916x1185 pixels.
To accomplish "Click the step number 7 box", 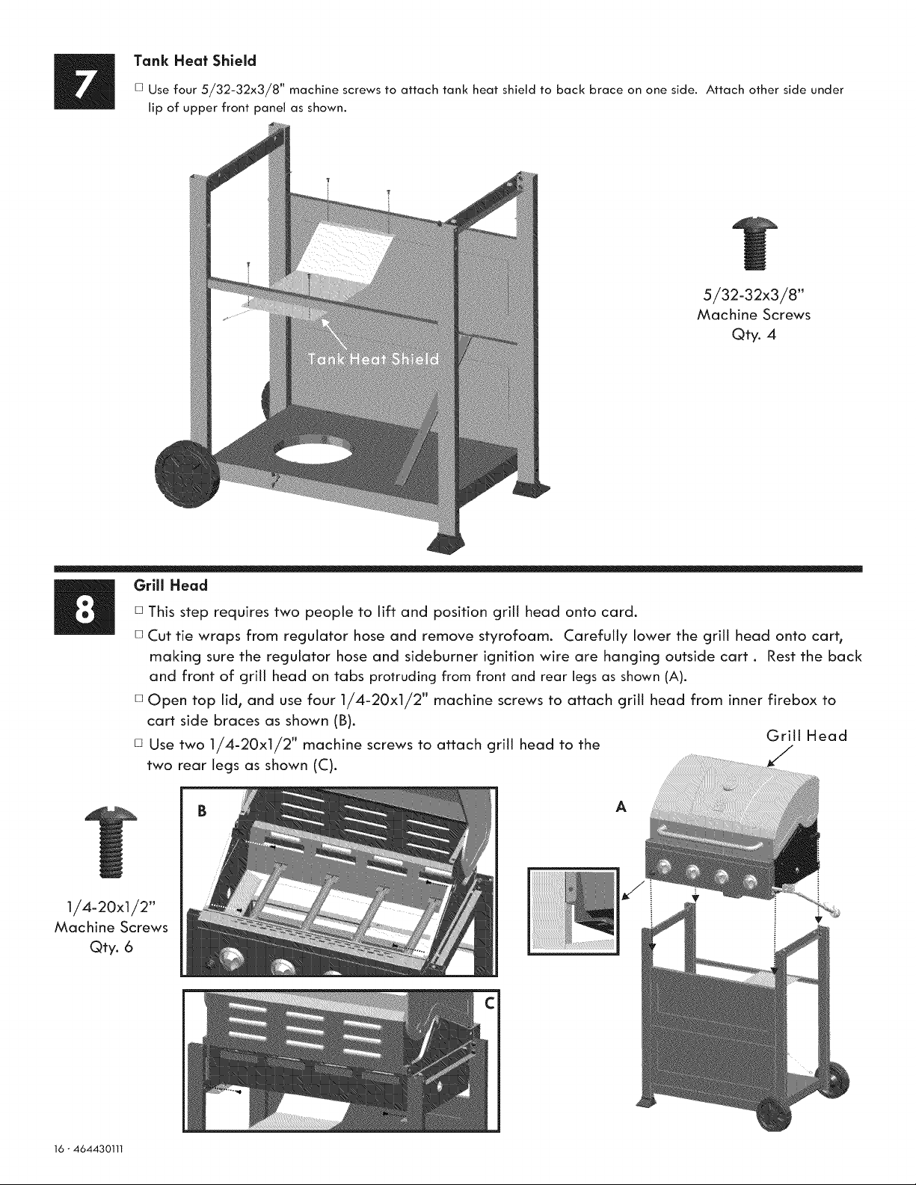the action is pyautogui.click(x=84, y=82).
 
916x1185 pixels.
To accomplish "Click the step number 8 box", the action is pyautogui.click(x=84, y=607).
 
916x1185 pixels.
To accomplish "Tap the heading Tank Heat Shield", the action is pyautogui.click(x=195, y=61).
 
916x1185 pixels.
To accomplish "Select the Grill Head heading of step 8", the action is pyautogui.click(x=170, y=585).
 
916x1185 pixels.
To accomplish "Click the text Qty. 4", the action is pyautogui.click(x=754, y=334).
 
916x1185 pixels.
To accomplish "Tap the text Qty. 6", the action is pyautogui.click(x=111, y=947).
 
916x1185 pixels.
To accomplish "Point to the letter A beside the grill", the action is pyautogui.click(x=621, y=807).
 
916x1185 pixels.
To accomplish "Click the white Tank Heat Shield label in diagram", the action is pyautogui.click(x=373, y=359).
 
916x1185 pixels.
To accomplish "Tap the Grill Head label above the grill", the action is pyautogui.click(x=806, y=736).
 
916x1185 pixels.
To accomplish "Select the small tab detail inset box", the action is pyautogui.click(x=574, y=911).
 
